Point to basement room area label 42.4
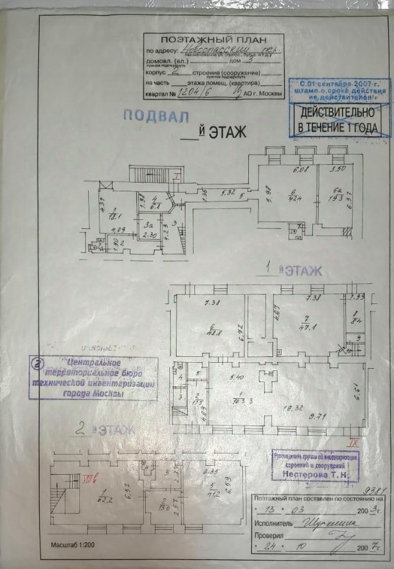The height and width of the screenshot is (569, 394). [293, 198]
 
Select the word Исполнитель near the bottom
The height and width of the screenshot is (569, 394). [274, 524]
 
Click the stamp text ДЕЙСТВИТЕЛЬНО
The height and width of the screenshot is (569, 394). [336, 113]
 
